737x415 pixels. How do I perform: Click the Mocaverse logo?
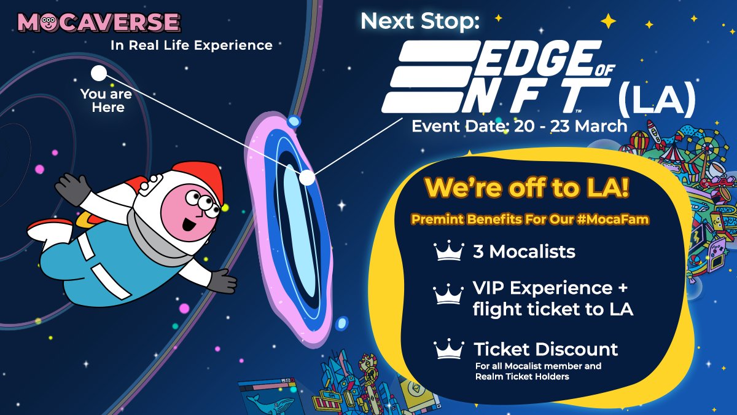[99, 23]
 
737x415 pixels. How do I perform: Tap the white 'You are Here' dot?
[99, 74]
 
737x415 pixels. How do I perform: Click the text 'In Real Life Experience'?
[191, 45]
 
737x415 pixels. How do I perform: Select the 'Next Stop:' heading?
[420, 21]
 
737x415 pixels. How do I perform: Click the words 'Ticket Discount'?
[545, 350]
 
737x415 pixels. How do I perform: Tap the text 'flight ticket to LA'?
[553, 309]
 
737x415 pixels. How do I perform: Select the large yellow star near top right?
[608, 22]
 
